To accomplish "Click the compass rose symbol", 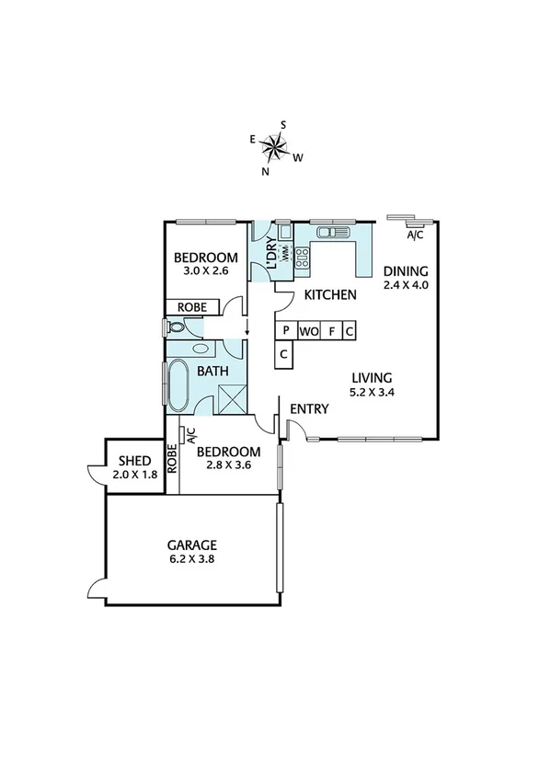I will coord(275,144).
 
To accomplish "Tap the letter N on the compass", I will coord(265,171).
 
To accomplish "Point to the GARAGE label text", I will coord(191,545).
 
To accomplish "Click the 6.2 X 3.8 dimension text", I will coord(191,558).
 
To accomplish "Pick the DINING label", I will coord(407,270).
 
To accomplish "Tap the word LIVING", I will coord(372,377).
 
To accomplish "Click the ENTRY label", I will coord(304,408).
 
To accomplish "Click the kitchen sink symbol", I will coord(328,233).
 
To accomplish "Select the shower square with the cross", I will coord(230,399).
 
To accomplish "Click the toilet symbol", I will coord(177,327).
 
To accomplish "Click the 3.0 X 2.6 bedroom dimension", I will coord(206,271).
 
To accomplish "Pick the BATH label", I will coord(213,372).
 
